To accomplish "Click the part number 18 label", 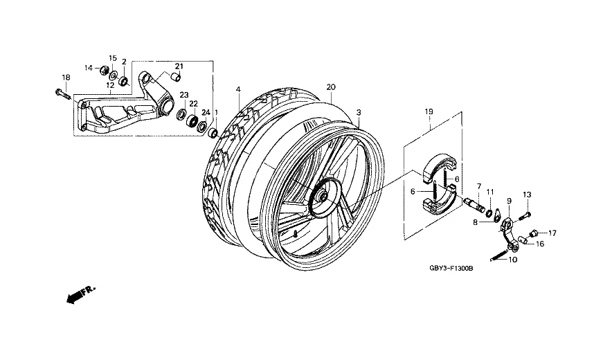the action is [x=66, y=78].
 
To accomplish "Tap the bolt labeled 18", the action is [x=63, y=93].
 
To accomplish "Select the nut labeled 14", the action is [x=105, y=71].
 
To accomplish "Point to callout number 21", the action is [x=179, y=66].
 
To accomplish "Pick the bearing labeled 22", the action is [x=192, y=120].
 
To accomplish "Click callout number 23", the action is [x=184, y=95].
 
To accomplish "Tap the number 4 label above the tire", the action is [x=238, y=90].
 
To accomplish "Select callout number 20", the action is [x=331, y=87].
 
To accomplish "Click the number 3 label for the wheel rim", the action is [x=359, y=112].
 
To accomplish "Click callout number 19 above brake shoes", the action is [x=429, y=111].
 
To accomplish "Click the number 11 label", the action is [x=490, y=192].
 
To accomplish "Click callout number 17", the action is [x=552, y=233].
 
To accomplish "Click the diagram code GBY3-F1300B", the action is [x=451, y=268].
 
